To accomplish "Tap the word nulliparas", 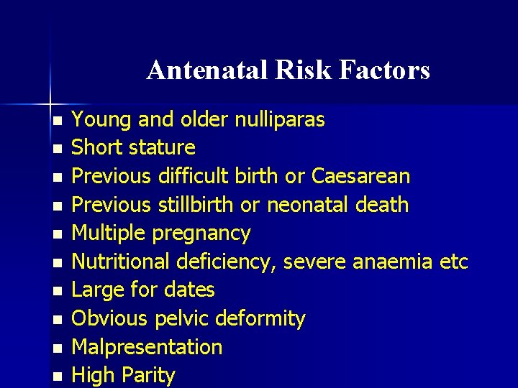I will [x=280, y=119].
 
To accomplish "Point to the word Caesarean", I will [x=360, y=176].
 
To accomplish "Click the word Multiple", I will [x=107, y=233].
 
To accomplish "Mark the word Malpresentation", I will [x=147, y=347].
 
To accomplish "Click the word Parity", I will [x=149, y=375].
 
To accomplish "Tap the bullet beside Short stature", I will [x=58, y=149].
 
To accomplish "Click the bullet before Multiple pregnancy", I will [x=58, y=234].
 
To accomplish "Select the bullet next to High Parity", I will [x=58, y=377].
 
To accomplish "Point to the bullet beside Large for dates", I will [x=58, y=291].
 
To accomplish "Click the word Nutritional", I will [x=119, y=262].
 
